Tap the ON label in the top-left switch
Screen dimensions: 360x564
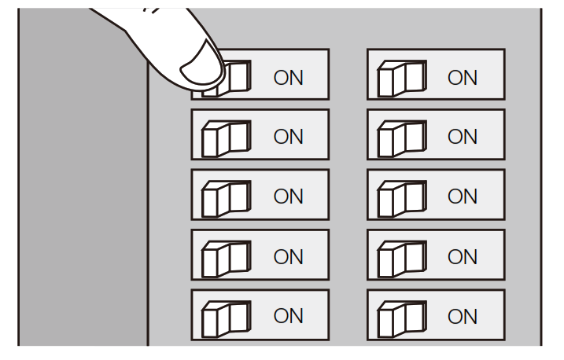coord(287,77)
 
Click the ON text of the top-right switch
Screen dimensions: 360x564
coord(463,77)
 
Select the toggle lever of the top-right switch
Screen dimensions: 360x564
coord(401,77)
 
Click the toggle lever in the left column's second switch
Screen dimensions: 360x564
coord(226,137)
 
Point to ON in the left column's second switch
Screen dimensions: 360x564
coord(287,137)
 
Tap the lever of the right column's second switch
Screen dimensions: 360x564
coord(401,137)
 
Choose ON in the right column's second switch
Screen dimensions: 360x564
coord(463,137)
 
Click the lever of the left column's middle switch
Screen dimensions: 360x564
coord(226,197)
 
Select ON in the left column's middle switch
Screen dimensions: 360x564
coord(287,197)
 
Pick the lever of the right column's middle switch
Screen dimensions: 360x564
coord(401,197)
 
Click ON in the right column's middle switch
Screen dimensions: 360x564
coord(463,197)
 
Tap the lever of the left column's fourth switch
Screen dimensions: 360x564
coord(226,256)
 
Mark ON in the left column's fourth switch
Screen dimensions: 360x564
coord(287,256)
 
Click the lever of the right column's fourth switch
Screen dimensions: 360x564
coord(401,256)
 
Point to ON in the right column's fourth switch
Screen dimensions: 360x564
coord(463,256)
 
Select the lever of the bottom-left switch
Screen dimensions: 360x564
coord(226,316)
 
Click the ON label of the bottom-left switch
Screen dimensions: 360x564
coord(287,316)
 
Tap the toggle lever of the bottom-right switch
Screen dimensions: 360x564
coord(401,316)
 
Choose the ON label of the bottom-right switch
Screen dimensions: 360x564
coord(463,316)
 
